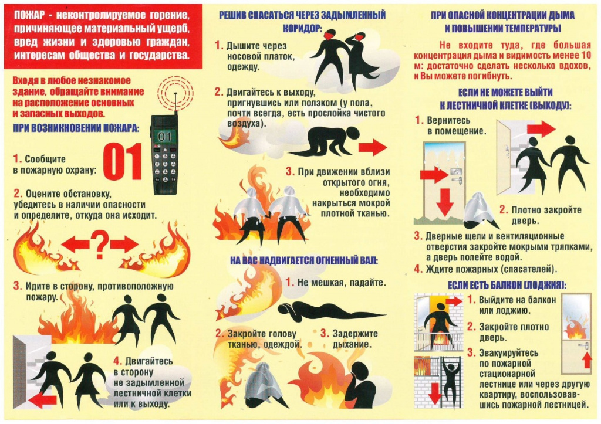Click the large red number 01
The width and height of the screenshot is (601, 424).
[122, 162]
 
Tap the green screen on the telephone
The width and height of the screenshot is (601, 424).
[165, 136]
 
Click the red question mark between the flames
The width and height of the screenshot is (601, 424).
[100, 245]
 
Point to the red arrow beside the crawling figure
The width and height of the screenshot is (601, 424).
[373, 147]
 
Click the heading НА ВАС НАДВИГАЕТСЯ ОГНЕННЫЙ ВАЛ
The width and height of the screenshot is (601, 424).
[304, 261]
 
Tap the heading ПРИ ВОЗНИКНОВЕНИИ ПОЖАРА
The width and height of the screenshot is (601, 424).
[76, 128]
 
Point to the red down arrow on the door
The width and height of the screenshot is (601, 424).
[444, 202]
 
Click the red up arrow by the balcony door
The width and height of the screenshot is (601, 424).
[586, 361]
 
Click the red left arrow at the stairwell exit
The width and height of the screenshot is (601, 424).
[42, 401]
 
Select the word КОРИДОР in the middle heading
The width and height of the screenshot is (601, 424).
[302, 29]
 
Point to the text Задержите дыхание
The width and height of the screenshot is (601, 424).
[354, 339]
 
